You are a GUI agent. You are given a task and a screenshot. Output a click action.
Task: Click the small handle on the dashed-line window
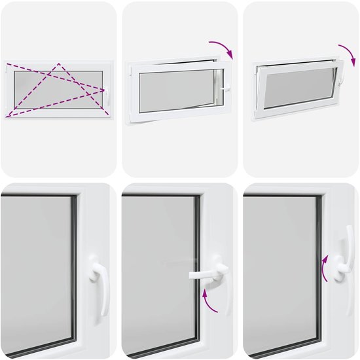[106, 96]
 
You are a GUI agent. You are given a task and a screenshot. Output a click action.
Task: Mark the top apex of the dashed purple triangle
[59, 64]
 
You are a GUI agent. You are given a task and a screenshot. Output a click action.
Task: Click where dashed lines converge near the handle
[105, 89]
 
